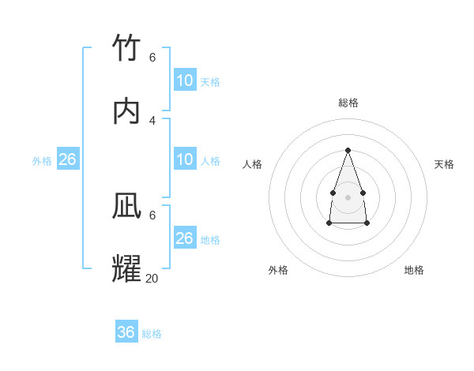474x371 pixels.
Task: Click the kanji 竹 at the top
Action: [x=127, y=50]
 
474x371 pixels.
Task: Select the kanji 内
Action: [x=127, y=111]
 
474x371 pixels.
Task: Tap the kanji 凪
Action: [x=127, y=206]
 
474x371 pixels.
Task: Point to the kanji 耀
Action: [x=127, y=268]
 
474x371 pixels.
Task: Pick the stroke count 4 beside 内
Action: [x=152, y=120]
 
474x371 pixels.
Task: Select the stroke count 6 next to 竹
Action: [x=152, y=58]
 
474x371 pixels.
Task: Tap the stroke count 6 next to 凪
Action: [x=152, y=215]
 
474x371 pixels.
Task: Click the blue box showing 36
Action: [x=126, y=332]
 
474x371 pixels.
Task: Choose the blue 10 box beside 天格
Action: [x=185, y=81]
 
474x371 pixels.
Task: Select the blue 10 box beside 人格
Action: [x=185, y=159]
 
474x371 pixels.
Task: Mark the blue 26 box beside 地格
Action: [x=185, y=238]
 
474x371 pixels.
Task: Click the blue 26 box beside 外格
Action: [x=68, y=159]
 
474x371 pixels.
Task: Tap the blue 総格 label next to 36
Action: [x=152, y=334]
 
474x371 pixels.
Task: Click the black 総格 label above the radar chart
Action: [x=348, y=103]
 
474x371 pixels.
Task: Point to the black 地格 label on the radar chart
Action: [x=414, y=270]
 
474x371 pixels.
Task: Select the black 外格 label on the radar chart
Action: [x=278, y=270]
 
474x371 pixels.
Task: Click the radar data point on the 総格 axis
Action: [x=348, y=150]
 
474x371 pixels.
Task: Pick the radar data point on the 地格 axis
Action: [x=367, y=223]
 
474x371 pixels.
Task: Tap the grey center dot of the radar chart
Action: [x=348, y=197]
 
